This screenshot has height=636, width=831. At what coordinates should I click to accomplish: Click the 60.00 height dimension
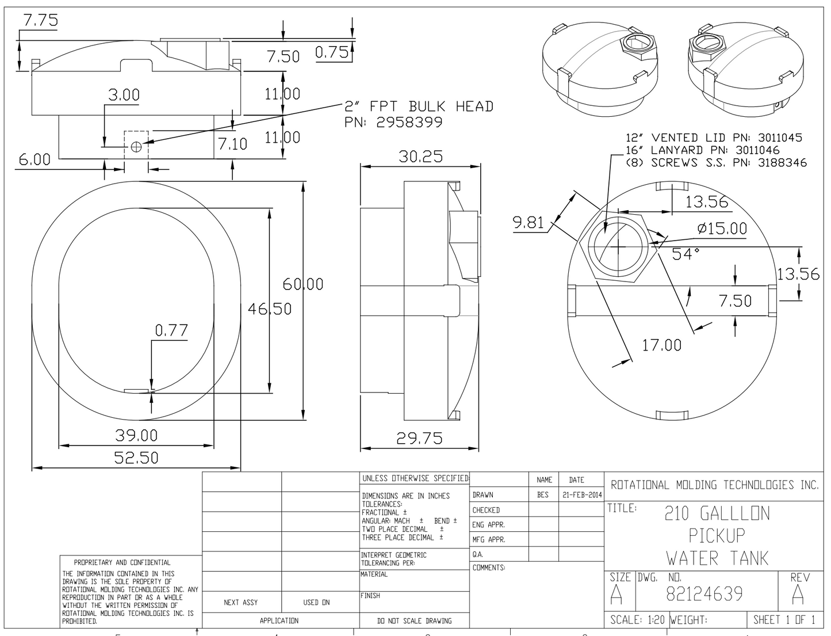click(302, 284)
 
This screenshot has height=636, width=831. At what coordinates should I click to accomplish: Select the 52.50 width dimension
click(136, 458)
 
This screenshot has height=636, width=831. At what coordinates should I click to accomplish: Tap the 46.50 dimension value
click(269, 309)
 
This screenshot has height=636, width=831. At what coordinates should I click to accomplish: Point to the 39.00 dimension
click(136, 435)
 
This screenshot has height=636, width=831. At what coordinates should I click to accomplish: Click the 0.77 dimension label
click(171, 330)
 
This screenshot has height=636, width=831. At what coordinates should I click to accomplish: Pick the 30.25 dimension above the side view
click(420, 157)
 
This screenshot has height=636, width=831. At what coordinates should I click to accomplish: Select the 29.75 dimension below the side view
click(419, 439)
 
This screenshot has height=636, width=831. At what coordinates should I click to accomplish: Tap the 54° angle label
click(686, 254)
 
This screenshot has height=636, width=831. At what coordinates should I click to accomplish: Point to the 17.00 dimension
click(661, 345)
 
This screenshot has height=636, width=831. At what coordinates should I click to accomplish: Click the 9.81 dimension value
click(529, 222)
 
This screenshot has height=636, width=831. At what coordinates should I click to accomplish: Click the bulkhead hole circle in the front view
click(136, 146)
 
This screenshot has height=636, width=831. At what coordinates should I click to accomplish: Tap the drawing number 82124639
click(704, 593)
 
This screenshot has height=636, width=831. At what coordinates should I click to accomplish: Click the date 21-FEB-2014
click(582, 495)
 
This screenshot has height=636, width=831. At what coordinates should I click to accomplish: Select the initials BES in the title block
click(543, 495)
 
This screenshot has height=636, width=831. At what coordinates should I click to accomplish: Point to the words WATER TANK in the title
click(717, 558)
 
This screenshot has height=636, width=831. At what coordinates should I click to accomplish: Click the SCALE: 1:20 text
click(637, 620)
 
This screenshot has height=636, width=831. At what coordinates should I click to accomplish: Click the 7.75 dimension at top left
click(40, 21)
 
